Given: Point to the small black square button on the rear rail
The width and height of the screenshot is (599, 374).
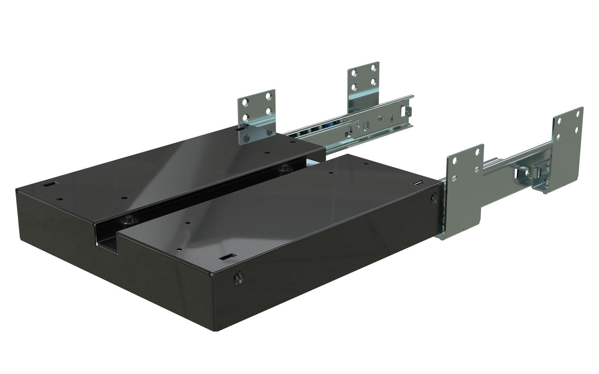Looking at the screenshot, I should (x=347, y=134).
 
